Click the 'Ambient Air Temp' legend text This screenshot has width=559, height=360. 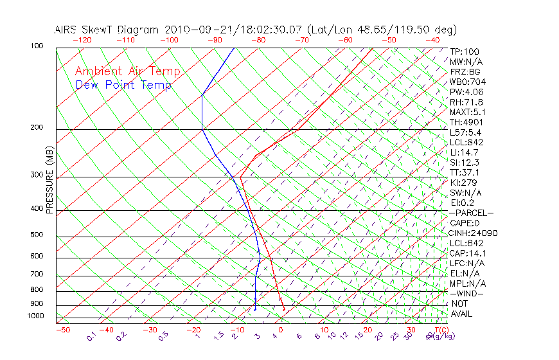[x=127, y=71]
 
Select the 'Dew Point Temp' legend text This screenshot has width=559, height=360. [x=123, y=85]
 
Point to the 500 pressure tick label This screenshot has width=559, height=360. [x=37, y=235]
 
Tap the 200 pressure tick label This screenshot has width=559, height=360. [x=37, y=128]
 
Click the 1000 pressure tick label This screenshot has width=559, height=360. [x=35, y=316]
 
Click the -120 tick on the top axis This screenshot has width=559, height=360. [x=82, y=40]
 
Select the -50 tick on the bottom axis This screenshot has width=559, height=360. [x=62, y=330]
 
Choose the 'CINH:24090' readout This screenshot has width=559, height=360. [x=474, y=233]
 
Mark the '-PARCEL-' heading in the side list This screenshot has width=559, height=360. [x=471, y=213]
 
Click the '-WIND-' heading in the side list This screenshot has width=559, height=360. [x=467, y=293]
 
